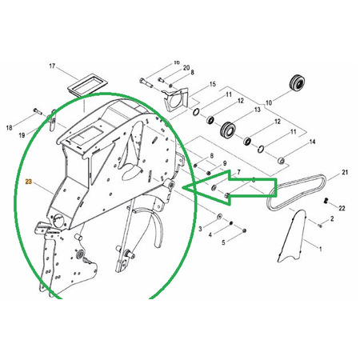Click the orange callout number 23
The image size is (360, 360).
[28, 182]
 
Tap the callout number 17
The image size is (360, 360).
[52, 66]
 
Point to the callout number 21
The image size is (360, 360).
[345, 173]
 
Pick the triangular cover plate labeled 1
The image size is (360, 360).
[292, 236]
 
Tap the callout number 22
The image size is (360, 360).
[342, 208]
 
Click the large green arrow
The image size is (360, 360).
[230, 187]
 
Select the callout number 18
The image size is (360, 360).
[9, 128]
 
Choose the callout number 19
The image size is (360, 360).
[22, 135]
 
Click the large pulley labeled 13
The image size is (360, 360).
[228, 130]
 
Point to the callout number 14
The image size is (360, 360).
[312, 142]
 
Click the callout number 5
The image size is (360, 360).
[223, 242]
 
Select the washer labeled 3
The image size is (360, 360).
[219, 216]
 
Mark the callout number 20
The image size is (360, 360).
[186, 68]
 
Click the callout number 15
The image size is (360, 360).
[213, 85]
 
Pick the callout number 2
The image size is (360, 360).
[332, 218]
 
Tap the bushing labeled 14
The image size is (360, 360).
[281, 161]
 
